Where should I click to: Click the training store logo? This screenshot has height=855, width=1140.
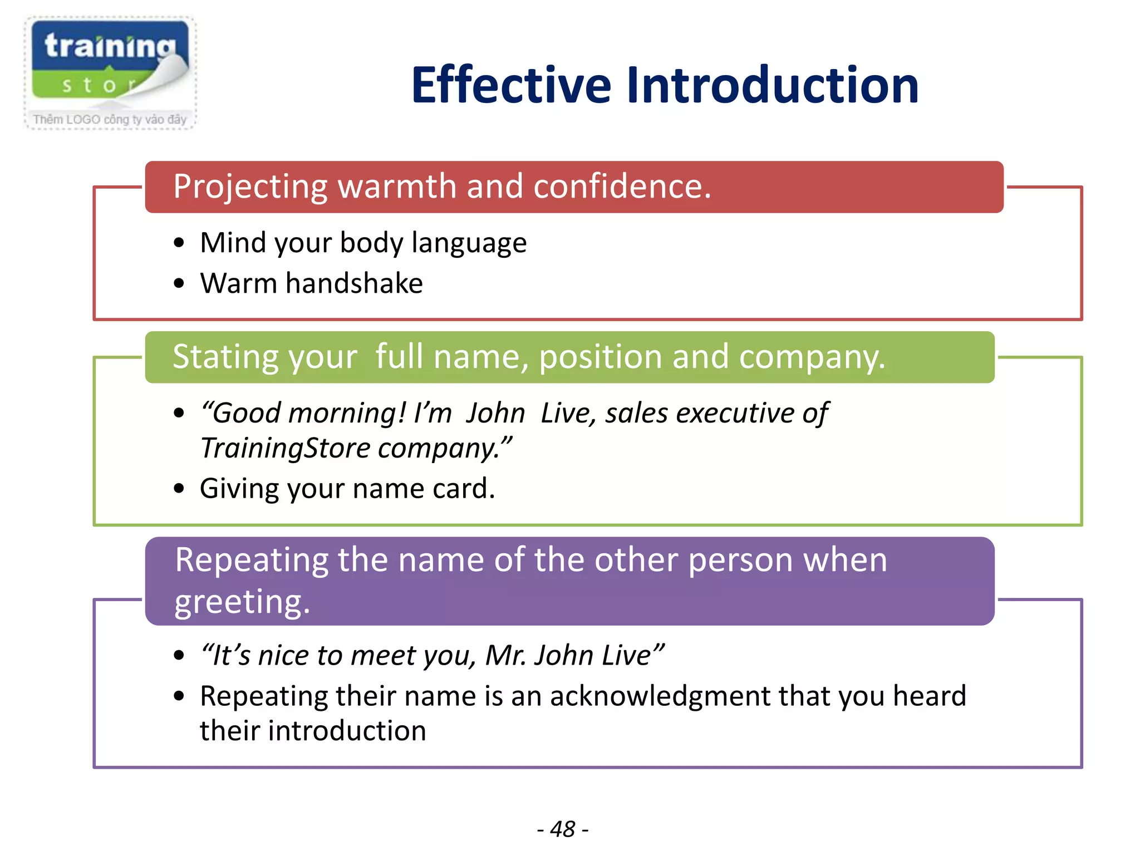coord(110,61)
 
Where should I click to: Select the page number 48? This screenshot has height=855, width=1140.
coord(562,829)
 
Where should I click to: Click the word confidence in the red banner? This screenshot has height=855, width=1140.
coord(622,186)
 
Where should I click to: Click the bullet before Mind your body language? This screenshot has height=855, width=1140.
coord(179,243)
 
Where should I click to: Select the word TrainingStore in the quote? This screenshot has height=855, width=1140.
coord(285,448)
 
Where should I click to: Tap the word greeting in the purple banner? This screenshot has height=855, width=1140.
coord(242,602)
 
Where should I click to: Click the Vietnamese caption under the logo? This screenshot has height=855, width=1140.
coord(110,119)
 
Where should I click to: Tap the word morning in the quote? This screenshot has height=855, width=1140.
coord(347,414)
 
